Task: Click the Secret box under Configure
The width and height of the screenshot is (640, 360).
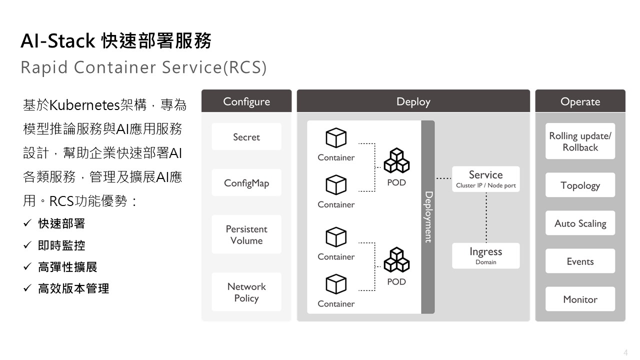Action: pyautogui.click(x=246, y=136)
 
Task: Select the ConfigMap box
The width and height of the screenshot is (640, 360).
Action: pyautogui.click(x=246, y=182)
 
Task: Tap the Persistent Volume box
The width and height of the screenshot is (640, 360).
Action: pyautogui.click(x=246, y=234)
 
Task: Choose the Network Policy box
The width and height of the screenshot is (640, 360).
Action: pyautogui.click(x=246, y=291)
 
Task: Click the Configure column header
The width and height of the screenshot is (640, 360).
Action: pyautogui.click(x=246, y=101)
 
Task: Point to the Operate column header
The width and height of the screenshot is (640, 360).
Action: pyautogui.click(x=580, y=101)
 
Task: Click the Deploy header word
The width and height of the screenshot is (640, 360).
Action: pyautogui.click(x=413, y=102)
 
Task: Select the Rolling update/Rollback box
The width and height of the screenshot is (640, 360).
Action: pyautogui.click(x=580, y=141)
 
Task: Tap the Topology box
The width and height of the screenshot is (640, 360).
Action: pyautogui.click(x=580, y=185)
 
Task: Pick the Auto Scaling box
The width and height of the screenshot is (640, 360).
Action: pyautogui.click(x=580, y=223)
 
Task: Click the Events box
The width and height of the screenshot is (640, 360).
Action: pyautogui.click(x=580, y=261)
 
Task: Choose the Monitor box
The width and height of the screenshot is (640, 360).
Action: pyautogui.click(x=580, y=299)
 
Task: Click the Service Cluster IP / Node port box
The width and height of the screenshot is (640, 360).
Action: pyautogui.click(x=485, y=179)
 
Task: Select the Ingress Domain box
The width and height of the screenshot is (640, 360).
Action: pyautogui.click(x=485, y=255)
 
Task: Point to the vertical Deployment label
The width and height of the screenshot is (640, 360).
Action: pyautogui.click(x=428, y=217)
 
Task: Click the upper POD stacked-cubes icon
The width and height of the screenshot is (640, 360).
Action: pyautogui.click(x=396, y=160)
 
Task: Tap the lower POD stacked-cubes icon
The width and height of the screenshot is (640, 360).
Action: pyautogui.click(x=396, y=259)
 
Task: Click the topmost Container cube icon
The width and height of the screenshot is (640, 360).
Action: pyautogui.click(x=336, y=137)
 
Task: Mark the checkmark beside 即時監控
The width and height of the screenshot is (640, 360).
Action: pyautogui.click(x=27, y=245)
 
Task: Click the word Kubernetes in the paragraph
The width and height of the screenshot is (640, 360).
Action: pyautogui.click(x=84, y=105)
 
